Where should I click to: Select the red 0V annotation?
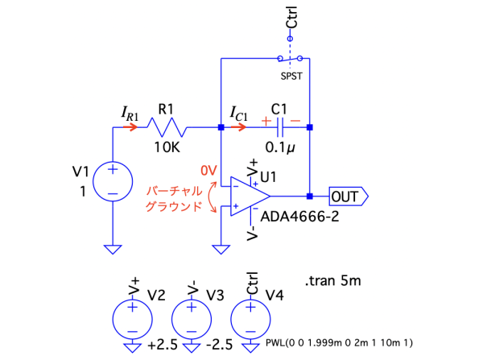[208, 171]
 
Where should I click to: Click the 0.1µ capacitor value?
[281, 148]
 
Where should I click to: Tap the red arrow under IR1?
[125, 127]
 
